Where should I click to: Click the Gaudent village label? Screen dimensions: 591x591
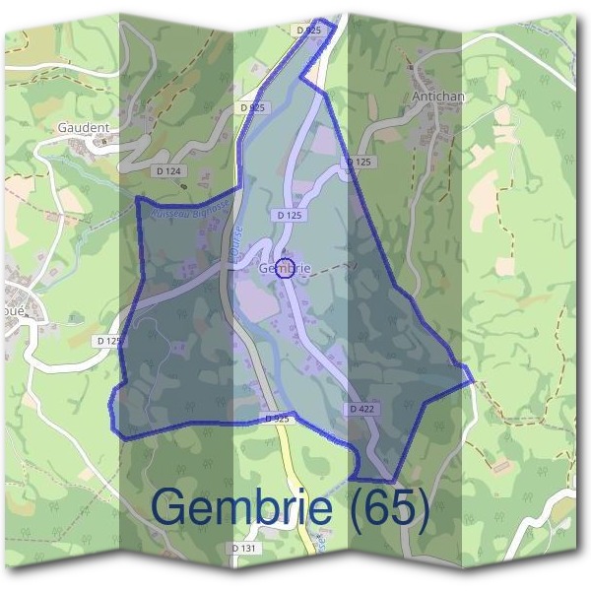84,128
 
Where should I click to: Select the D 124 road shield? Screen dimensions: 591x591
169,171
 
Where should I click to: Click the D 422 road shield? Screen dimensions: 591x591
361,408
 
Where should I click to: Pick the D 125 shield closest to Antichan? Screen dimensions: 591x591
361,162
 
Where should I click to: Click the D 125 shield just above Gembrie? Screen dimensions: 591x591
290,214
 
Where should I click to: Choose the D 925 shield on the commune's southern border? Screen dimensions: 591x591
279,419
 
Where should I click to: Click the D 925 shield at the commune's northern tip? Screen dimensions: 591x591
308,32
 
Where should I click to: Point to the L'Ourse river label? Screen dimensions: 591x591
239,245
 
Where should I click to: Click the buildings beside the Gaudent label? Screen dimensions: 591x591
101,143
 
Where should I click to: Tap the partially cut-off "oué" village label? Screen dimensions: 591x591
15,306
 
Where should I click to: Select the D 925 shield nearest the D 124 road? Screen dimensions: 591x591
252,106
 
